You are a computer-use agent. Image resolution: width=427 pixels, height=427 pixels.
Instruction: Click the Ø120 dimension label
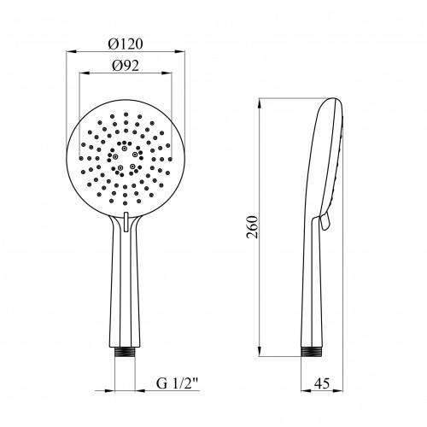[x=126, y=44]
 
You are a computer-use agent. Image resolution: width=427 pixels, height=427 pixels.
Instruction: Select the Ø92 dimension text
[x=126, y=66]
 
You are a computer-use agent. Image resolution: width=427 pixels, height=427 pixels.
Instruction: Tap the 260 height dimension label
[x=252, y=227]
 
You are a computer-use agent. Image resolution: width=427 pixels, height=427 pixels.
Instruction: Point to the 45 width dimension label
[x=322, y=383]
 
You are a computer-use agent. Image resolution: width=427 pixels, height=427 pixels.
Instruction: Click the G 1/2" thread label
[x=177, y=383]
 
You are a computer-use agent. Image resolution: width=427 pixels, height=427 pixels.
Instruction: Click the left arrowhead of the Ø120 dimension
[x=72, y=51]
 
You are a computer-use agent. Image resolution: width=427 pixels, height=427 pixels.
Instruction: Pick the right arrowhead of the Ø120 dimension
[x=179, y=51]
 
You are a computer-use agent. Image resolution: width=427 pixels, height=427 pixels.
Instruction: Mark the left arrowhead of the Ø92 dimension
[x=85, y=73]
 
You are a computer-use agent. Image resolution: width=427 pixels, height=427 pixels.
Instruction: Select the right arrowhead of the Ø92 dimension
[x=167, y=73]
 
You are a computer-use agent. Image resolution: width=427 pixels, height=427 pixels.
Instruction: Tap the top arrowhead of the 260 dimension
[x=260, y=103]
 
